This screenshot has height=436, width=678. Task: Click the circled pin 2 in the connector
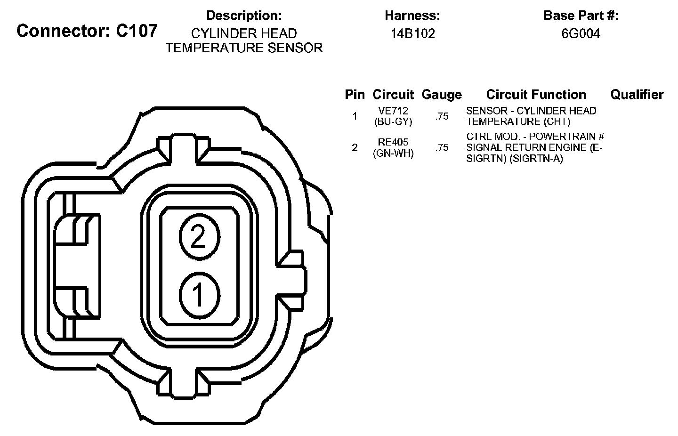200,236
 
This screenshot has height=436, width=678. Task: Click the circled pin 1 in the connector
200,295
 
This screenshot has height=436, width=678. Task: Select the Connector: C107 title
87,31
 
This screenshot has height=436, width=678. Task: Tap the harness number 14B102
412,33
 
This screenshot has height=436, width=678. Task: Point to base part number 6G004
581,33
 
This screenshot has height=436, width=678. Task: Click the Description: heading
244,16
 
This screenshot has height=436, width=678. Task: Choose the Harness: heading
412,16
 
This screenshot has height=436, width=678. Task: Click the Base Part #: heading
581,16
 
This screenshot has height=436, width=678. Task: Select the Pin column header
355,95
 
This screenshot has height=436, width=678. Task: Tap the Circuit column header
393,95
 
